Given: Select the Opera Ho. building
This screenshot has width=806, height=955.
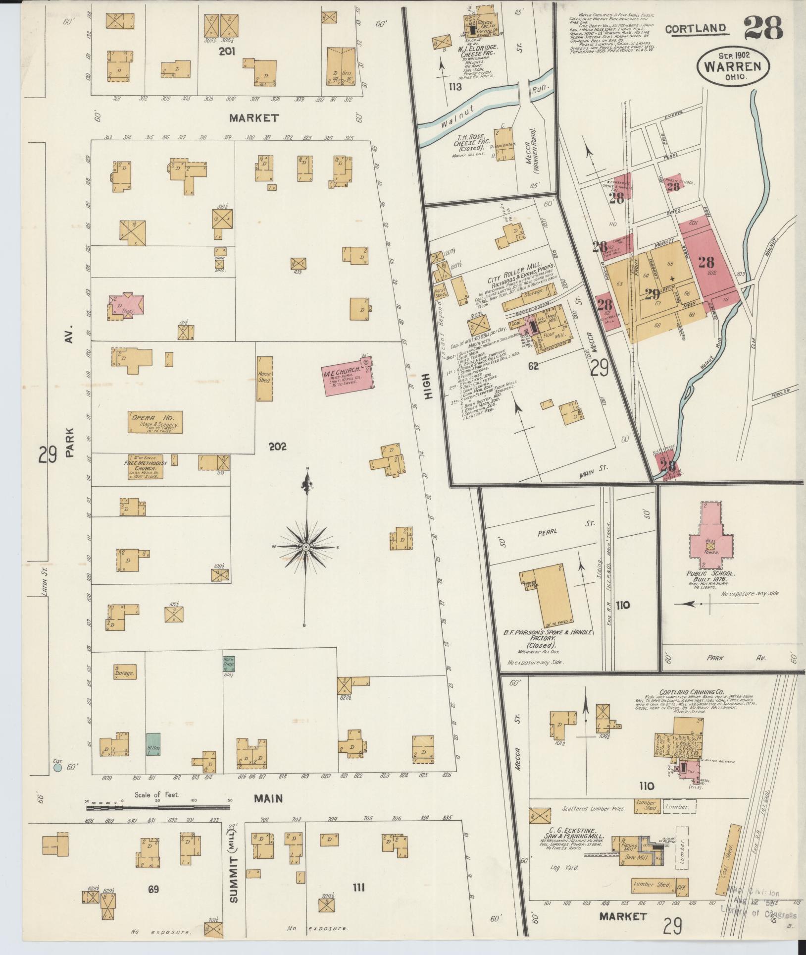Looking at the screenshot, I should (x=155, y=422).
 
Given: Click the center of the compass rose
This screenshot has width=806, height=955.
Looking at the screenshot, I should (x=306, y=547).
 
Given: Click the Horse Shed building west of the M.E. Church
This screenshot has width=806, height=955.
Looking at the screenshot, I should (x=264, y=379).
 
